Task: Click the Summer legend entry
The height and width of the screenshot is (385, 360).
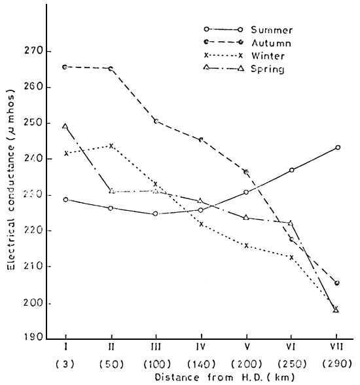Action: click(x=266, y=30)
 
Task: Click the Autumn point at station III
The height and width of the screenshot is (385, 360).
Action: click(x=155, y=121)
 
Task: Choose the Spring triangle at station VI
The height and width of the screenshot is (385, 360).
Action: click(x=291, y=223)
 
